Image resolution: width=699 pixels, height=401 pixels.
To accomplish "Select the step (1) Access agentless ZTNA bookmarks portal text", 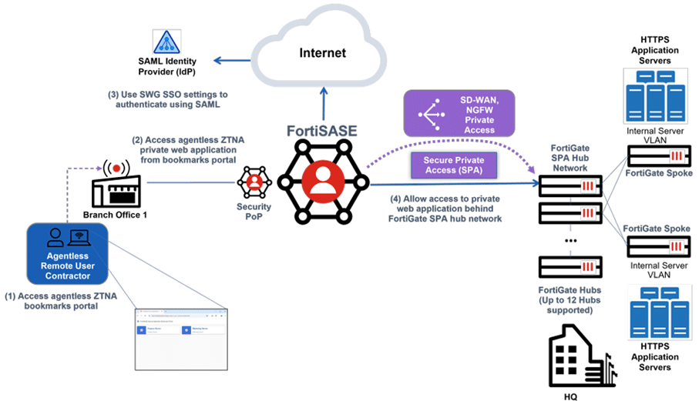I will [x=59, y=300].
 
